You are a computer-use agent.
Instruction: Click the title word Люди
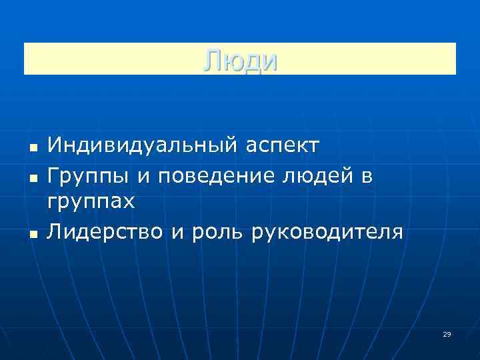click(x=240, y=60)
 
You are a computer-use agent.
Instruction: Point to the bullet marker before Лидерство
click(x=31, y=234)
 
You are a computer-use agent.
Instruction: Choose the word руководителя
click(x=328, y=233)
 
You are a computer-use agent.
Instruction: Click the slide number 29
click(x=447, y=334)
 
